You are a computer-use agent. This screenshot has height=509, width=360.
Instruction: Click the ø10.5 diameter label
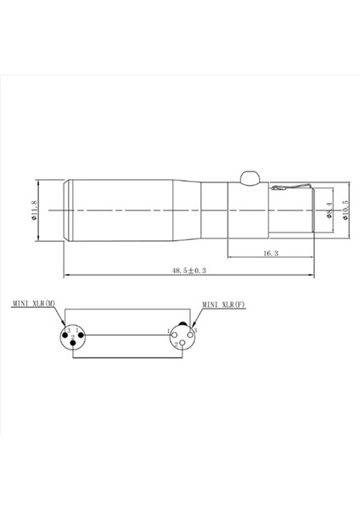click(x=346, y=206)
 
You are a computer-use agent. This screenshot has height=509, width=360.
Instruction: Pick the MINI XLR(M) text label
click(x=35, y=303)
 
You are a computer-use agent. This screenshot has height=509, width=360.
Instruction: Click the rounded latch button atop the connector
click(x=250, y=177)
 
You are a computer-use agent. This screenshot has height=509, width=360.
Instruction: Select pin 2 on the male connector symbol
click(x=72, y=344)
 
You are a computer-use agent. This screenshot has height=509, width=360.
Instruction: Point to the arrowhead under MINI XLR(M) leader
click(x=62, y=323)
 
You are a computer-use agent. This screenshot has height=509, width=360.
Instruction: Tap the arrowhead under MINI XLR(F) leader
click(x=193, y=324)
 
